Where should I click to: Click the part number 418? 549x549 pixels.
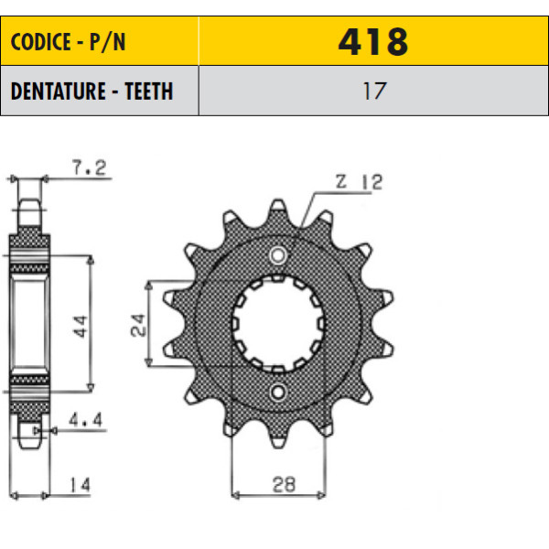click(373, 42)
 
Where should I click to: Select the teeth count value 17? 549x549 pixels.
click(374, 91)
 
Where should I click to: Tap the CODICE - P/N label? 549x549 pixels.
click(68, 42)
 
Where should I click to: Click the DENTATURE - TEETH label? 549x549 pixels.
click(91, 91)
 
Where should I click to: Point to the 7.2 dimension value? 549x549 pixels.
click(89, 167)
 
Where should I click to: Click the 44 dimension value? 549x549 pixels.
click(81, 327)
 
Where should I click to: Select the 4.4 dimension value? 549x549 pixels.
click(85, 419)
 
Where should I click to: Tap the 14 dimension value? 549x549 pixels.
click(81, 485)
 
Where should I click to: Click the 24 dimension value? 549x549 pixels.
click(138, 325)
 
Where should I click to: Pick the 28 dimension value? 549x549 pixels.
click(284, 485)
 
